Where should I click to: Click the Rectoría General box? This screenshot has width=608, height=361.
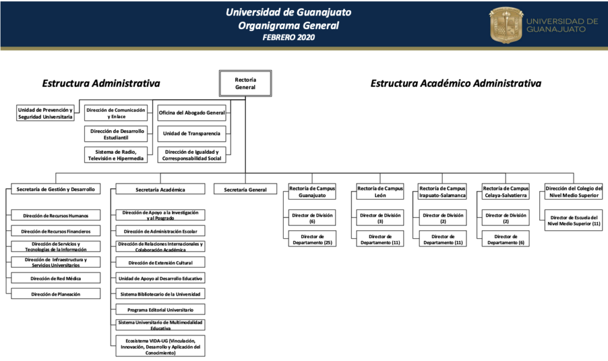[245, 83]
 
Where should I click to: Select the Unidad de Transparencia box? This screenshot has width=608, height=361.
[192, 134]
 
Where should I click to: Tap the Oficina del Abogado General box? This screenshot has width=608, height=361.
[192, 113]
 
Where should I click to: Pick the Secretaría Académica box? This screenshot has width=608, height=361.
[160, 189]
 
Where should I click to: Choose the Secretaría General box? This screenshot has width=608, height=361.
[245, 189]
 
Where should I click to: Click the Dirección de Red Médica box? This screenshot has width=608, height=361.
[56, 278]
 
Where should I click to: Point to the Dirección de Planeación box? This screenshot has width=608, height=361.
[56, 293]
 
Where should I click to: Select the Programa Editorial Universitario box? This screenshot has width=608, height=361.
[160, 309]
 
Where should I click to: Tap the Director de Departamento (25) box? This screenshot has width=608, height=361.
[312, 239]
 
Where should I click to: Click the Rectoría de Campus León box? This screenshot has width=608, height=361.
[380, 192]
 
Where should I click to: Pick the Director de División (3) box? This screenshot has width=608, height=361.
[380, 218]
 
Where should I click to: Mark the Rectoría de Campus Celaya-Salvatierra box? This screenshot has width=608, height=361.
[506, 192]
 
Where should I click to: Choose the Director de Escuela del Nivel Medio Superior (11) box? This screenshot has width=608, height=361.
[574, 220]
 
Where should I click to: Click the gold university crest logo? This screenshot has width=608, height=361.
[506, 25]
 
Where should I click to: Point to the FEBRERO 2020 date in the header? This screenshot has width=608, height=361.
[289, 37]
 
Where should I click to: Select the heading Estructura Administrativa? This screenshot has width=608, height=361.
[101, 83]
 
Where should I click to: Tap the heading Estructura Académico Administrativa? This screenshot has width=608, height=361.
[455, 83]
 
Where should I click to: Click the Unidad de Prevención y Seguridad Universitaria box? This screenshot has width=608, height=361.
[45, 113]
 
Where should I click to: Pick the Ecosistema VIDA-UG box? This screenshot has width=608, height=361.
[160, 346]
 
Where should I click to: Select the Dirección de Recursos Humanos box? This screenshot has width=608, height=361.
[56, 215]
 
